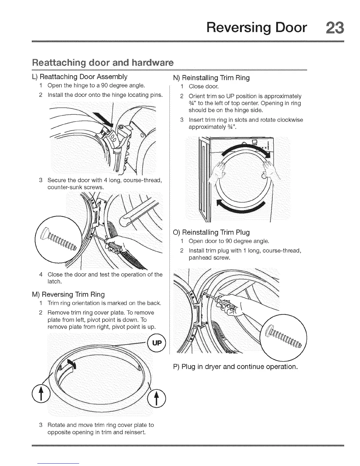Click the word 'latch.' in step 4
54,282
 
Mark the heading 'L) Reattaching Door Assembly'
80,77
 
